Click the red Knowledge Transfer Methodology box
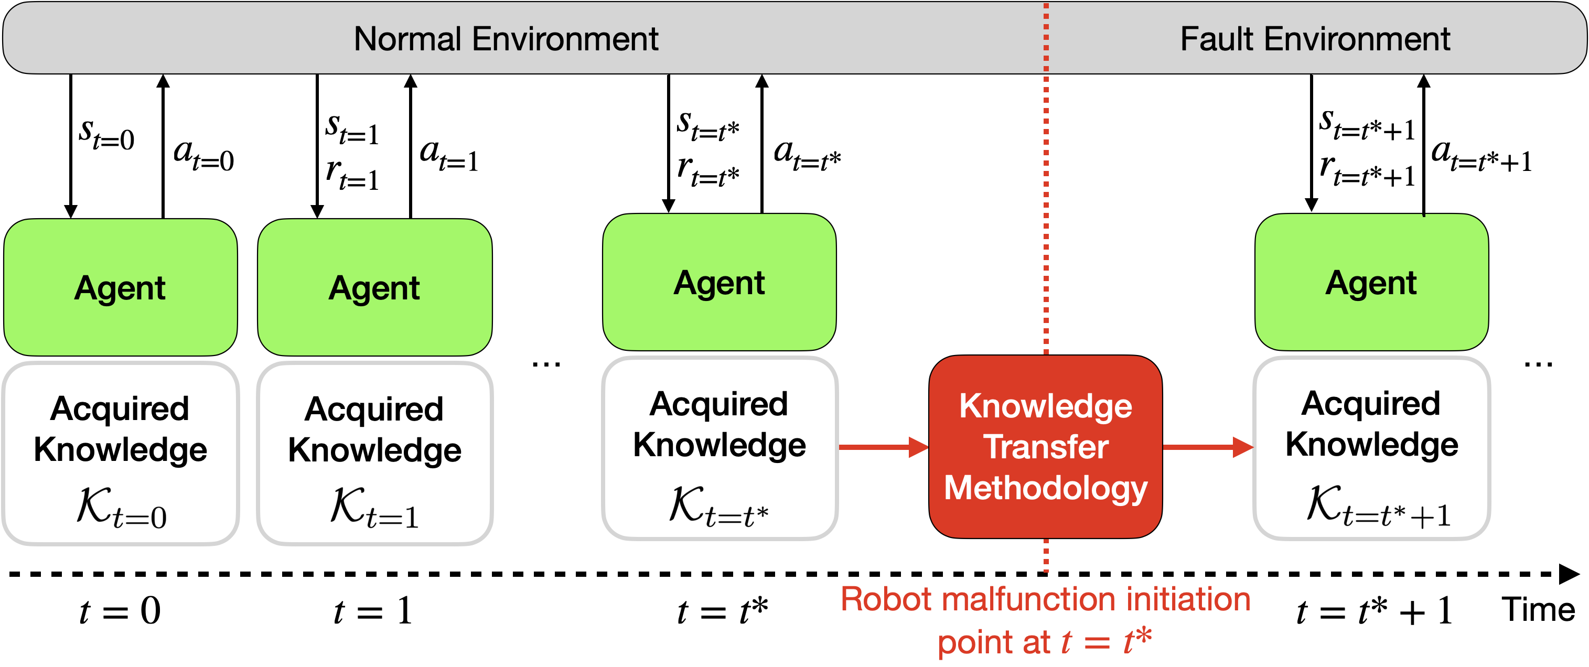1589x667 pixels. (1046, 447)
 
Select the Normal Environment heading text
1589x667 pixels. (506, 39)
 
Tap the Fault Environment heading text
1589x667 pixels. (1315, 39)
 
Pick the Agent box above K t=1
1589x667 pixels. (374, 287)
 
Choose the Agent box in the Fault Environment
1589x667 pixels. (1372, 282)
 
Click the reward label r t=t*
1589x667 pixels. (708, 170)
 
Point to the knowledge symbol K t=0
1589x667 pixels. (122, 507)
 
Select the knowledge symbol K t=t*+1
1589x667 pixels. (1378, 505)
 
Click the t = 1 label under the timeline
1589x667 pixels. (372, 611)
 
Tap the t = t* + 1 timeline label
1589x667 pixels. (1375, 611)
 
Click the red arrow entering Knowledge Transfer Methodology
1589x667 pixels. (883, 447)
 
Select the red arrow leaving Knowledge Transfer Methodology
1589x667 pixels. (1208, 447)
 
